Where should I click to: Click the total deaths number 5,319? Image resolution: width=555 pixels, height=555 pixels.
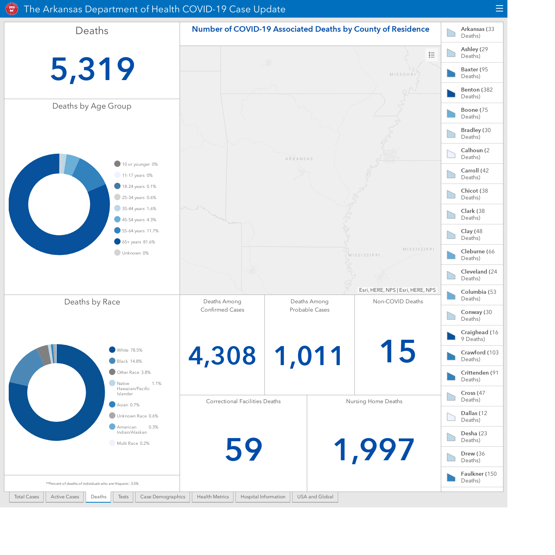pos(92,69)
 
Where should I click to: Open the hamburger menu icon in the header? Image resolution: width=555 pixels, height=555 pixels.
pos(499,9)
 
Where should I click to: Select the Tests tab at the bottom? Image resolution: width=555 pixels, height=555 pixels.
pos(123,497)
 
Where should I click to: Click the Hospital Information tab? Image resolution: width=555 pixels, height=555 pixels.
pos(263,497)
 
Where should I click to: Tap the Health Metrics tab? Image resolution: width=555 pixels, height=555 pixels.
pos(212,497)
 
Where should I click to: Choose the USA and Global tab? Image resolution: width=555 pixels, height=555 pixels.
pos(315,497)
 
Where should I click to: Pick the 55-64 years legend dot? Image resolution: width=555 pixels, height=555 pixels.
pos(117,230)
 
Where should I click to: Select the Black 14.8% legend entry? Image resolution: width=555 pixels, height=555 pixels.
pos(126,361)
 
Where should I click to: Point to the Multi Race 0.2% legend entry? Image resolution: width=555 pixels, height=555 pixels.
pos(129,443)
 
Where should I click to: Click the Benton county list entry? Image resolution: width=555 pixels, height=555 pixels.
pos(472,93)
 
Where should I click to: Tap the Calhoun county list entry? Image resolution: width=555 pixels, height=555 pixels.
pos(472,153)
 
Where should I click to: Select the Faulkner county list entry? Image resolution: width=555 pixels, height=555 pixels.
pos(472,477)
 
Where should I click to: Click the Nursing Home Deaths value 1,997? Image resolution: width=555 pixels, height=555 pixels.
pos(374,450)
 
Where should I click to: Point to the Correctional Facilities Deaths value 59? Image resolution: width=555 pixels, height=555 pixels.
pos(243,449)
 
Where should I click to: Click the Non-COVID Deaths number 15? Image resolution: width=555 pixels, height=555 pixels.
pos(398,351)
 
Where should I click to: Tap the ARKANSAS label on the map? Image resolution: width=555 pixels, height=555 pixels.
pos(299,159)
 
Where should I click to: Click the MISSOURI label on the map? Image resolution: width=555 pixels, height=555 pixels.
pos(403,74)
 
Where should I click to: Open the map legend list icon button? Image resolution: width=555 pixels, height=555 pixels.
pos(431,55)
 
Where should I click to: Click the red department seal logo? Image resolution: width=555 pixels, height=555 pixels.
pos(12,9)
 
